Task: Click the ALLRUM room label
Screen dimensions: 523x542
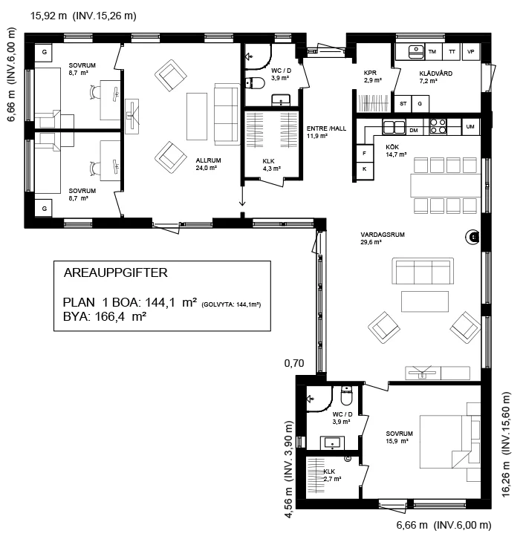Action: tap(208, 160)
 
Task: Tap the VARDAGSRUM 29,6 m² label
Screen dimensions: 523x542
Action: tap(382, 238)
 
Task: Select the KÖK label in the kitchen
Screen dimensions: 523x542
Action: tap(392, 147)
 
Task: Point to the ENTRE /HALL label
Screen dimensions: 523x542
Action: tap(326, 128)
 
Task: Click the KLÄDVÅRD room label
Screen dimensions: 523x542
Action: tap(435, 74)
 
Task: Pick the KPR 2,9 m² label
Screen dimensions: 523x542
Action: tap(372, 76)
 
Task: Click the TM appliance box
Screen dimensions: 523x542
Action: tap(432, 52)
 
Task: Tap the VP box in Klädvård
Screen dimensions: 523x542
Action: tap(470, 52)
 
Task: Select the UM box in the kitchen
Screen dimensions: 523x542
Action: tap(470, 126)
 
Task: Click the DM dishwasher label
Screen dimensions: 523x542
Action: tap(414, 131)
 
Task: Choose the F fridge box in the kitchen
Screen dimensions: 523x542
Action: tap(365, 153)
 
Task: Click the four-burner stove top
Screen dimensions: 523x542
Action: tap(438, 126)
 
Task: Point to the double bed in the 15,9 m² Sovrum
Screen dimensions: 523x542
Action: tap(449, 442)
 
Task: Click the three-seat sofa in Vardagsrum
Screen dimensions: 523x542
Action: tap(423, 271)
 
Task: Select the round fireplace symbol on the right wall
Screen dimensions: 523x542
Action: tap(472, 237)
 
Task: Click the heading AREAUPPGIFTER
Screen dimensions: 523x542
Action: tap(116, 272)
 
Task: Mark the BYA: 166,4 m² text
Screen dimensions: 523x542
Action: tap(105, 316)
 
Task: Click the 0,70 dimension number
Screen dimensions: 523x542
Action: tap(294, 363)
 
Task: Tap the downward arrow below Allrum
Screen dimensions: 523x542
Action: tap(242, 196)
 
